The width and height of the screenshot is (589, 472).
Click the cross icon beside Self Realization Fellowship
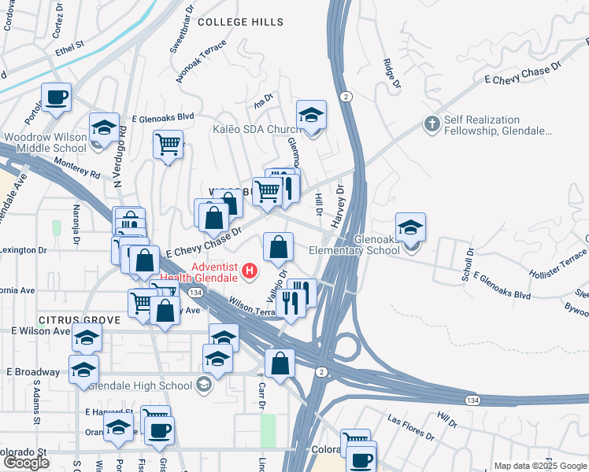tap(431, 124)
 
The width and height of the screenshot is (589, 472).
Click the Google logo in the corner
tap(26, 462)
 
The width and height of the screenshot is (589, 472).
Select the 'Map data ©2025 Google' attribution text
tap(539, 466)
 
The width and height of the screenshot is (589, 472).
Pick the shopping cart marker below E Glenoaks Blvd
tap(168, 145)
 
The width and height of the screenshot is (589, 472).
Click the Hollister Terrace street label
tap(560, 263)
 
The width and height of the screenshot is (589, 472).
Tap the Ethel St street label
tap(69, 47)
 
